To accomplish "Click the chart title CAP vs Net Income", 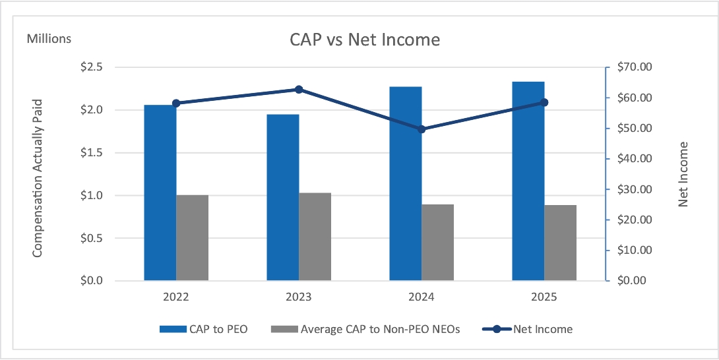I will tap(365, 40).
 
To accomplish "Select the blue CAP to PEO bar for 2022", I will tap(160, 193).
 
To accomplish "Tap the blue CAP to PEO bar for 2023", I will tap(283, 197).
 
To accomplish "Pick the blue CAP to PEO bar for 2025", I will tap(528, 181).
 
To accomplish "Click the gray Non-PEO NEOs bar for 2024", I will tap(438, 242).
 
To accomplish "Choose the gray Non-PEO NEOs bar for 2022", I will tap(193, 237).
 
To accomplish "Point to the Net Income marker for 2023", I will tap(299, 90).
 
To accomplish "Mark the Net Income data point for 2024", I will tap(422, 129).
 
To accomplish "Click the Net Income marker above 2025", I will tap(544, 102).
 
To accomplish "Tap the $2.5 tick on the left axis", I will tap(91, 67).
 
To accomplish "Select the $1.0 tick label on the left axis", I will tap(91, 196).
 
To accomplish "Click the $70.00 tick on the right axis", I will tap(633, 67).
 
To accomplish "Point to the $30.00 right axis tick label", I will tap(633, 189).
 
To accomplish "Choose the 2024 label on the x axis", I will tap(422, 297).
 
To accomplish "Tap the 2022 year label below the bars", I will tap(176, 297).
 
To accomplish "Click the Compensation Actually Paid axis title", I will tap(38, 177).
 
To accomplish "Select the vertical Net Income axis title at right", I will tap(683, 174).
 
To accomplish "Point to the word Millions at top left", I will tap(49, 38).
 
